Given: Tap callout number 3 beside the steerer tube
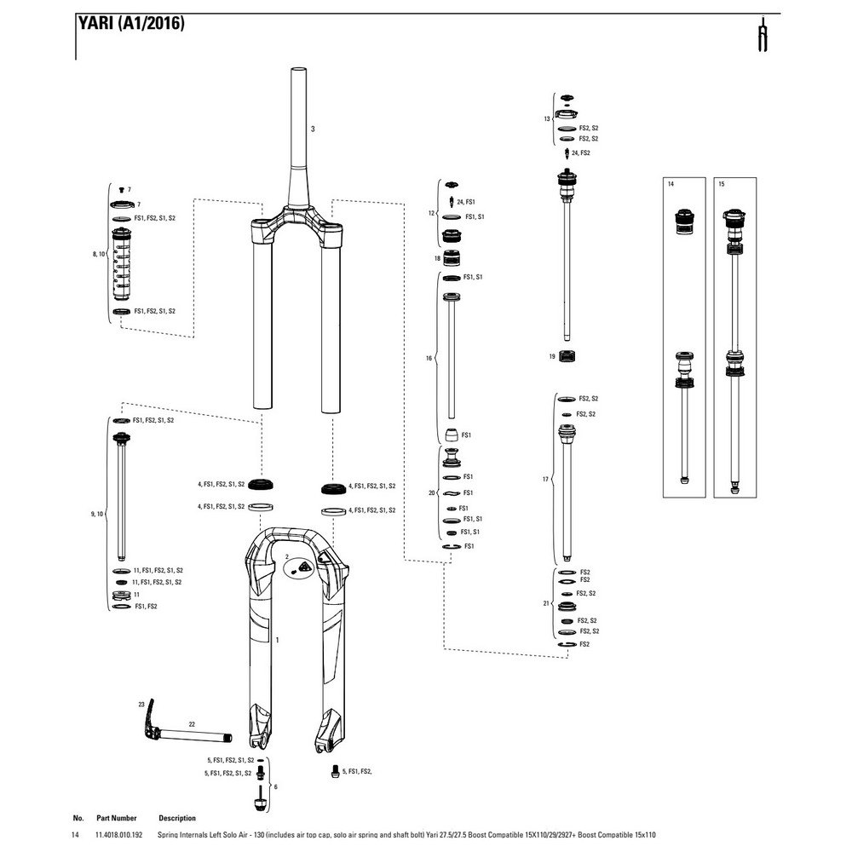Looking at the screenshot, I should pos(313,130).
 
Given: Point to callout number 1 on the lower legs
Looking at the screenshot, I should pos(278,638).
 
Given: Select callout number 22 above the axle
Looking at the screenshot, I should pos(192,724).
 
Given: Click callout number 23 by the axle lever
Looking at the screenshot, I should pos(141,705).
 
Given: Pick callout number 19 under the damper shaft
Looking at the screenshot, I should pos(552,354).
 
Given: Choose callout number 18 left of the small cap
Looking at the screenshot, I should pos(437,258).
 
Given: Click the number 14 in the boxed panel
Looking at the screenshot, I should pos(671,184).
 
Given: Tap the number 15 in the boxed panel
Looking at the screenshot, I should pos(722,184).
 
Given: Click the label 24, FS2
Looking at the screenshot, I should pos(581,153).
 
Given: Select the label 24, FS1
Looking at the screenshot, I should pos(465,202).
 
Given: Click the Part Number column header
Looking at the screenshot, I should pos(117,818).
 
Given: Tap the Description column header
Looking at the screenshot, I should pos(177,818).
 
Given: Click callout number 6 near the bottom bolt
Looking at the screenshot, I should pos(276,786).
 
